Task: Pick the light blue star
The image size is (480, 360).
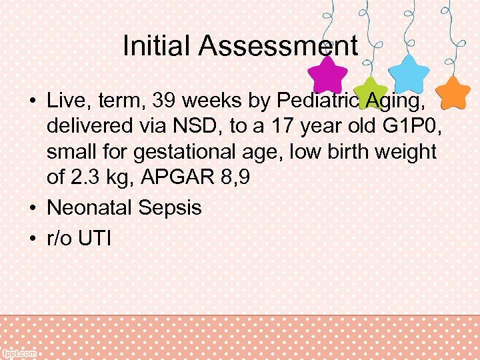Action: coord(408,73)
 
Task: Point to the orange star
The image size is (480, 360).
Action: coord(455,92)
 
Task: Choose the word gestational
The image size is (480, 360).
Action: coord(179,153)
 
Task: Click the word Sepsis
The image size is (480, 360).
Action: coord(170,207)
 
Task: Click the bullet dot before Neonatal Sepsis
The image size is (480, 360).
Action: coord(32,208)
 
